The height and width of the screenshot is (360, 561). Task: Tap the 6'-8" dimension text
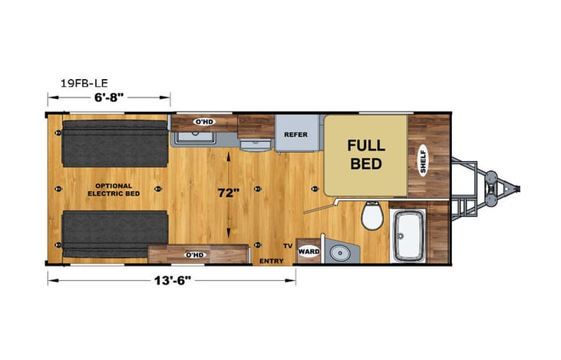(109, 97)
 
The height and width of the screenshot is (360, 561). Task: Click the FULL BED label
(366, 154)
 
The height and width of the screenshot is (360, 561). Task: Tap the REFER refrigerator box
(295, 134)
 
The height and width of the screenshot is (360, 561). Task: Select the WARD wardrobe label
(309, 251)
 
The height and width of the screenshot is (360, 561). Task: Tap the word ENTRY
(272, 261)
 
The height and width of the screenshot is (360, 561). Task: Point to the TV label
(287, 246)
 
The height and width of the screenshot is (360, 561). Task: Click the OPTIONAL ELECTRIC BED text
(114, 190)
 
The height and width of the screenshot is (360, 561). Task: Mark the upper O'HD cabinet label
(203, 121)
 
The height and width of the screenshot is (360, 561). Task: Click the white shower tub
(408, 235)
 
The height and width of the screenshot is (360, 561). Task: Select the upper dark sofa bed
(115, 144)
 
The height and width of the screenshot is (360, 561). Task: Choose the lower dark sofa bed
(115, 234)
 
